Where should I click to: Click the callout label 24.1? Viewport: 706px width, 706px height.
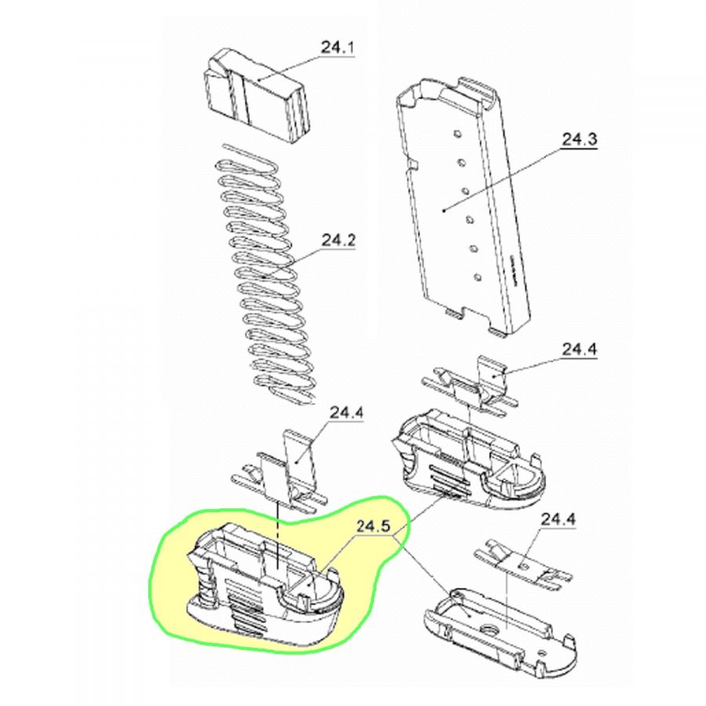[337, 48]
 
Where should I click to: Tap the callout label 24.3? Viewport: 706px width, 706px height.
[580, 140]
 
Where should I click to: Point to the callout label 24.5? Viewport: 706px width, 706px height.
[373, 527]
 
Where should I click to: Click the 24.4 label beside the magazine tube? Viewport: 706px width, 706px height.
[580, 350]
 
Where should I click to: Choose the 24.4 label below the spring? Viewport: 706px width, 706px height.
[348, 413]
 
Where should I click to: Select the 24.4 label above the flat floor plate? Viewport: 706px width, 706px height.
[559, 520]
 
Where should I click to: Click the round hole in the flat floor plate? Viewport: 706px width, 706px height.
[487, 629]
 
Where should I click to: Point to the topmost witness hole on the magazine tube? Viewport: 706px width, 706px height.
[457, 133]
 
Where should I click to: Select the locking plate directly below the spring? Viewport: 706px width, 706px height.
[279, 473]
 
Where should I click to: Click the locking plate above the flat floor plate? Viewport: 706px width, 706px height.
[522, 567]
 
